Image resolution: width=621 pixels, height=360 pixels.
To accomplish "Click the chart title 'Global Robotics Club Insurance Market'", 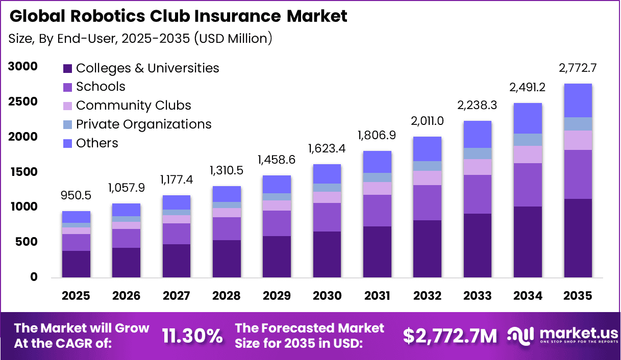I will coord(178,16).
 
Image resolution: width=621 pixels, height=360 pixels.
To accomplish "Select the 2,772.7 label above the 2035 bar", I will coord(578,68).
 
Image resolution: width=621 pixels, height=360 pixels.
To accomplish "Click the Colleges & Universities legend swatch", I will coord(67,68).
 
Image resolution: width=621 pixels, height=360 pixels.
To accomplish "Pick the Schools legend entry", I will coord(101,87).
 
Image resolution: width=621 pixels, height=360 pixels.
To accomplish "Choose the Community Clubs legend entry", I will coord(133,106).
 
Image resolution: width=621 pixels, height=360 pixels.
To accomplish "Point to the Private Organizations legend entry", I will coord(143,124).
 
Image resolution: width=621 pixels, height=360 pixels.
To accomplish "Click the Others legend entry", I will coord(97,143).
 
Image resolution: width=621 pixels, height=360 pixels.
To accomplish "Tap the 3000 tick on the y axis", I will coord(22,67).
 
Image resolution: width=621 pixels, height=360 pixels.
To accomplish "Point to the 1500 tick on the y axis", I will coord(22,172).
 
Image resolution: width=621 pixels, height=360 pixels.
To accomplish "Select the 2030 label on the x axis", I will coord(327,296).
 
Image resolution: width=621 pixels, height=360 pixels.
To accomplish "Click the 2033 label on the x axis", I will coord(477,296).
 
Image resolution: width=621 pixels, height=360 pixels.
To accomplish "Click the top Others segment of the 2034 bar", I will coord(528,118).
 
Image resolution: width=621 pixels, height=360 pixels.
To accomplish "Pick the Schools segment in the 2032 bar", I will coord(427,202).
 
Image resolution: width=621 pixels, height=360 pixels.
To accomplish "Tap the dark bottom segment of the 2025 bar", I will coord(76,264).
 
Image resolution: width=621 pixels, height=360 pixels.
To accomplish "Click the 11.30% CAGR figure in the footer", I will coord(192,336).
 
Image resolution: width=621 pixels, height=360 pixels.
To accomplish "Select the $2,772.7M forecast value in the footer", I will coord(450,336).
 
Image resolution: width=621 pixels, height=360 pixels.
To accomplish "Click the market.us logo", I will coord(561,336).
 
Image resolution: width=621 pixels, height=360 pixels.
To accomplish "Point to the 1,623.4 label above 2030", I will coord(327,149).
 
